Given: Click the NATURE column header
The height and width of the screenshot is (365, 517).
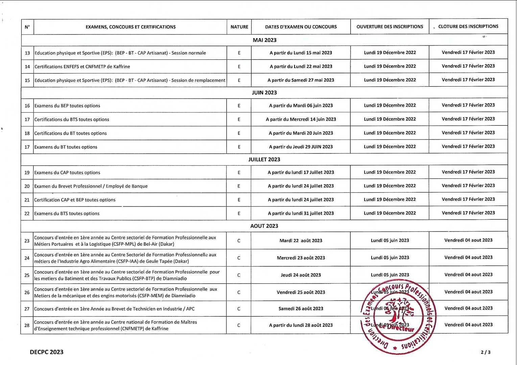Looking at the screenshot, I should click(x=239, y=27).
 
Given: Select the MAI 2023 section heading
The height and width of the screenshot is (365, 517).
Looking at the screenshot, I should click(x=264, y=40).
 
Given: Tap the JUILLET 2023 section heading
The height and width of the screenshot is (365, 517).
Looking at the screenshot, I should click(x=264, y=160).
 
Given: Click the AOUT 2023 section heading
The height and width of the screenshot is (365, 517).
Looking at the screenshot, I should click(x=264, y=226).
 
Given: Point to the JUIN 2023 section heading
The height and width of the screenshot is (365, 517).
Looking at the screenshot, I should click(x=264, y=93).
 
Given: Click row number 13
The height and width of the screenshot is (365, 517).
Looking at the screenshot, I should click(x=27, y=53).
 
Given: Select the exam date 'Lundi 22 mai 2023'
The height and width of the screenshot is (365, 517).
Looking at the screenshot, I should click(x=301, y=67).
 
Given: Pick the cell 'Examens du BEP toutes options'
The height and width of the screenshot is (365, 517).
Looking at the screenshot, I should click(x=67, y=106).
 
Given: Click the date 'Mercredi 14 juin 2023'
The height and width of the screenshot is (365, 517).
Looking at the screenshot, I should click(x=301, y=119).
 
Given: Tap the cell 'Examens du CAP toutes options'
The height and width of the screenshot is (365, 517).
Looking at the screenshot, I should click(x=67, y=173).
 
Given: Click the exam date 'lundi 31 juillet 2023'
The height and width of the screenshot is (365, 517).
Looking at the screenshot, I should click(x=301, y=213).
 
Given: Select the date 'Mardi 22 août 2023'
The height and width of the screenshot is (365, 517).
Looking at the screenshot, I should click(x=301, y=241).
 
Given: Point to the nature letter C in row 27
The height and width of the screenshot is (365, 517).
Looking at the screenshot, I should click(x=239, y=309).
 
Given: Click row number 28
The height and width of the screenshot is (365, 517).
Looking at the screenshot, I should click(x=27, y=325).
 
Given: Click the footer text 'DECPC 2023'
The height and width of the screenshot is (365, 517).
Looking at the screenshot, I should click(x=47, y=352).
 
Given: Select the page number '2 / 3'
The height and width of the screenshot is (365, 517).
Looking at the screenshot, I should click(x=486, y=352).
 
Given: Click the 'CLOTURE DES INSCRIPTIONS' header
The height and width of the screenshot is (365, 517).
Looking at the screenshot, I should click(x=468, y=26).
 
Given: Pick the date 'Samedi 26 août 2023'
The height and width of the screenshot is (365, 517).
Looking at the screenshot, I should click(x=301, y=309).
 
